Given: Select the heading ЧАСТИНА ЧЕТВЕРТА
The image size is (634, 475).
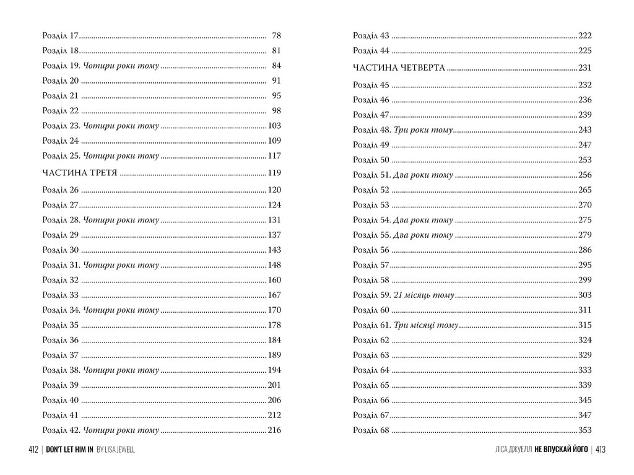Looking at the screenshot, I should [399, 68].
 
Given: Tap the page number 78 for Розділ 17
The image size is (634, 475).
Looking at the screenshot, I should [276, 36].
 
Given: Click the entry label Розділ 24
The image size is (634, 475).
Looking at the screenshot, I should [61, 141].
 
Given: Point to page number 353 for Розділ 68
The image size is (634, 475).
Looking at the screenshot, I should [584, 430].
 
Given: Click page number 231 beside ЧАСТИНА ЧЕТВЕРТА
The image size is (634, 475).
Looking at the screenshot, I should [584, 68].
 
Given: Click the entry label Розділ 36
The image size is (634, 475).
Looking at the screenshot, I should [61, 340].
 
